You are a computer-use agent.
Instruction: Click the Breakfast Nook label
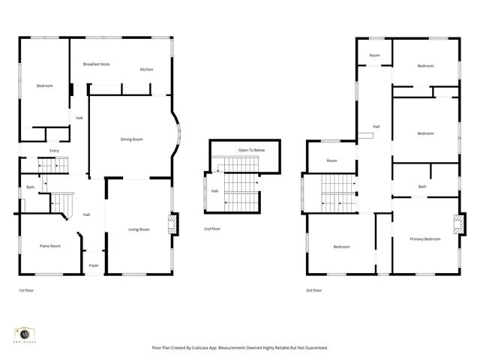(96, 64)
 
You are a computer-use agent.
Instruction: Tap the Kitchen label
(146, 70)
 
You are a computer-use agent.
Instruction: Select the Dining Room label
(132, 139)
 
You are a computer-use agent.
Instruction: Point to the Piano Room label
(50, 246)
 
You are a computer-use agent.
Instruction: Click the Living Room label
(139, 229)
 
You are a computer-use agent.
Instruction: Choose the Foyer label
(94, 265)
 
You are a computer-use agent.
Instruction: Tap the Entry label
(54, 151)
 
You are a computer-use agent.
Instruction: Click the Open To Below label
(251, 150)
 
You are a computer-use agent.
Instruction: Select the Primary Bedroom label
(425, 239)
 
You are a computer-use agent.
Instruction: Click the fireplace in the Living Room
(174, 223)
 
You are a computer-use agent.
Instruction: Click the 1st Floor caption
(26, 289)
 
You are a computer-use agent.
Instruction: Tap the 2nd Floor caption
(212, 229)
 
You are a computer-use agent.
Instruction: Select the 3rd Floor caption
(314, 289)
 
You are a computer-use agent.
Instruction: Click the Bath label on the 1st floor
(31, 187)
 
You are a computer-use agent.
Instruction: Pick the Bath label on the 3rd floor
(422, 187)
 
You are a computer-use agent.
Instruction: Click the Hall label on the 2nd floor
(214, 191)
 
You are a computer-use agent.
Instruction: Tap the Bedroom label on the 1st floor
(45, 86)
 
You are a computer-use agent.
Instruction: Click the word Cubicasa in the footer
(214, 347)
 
